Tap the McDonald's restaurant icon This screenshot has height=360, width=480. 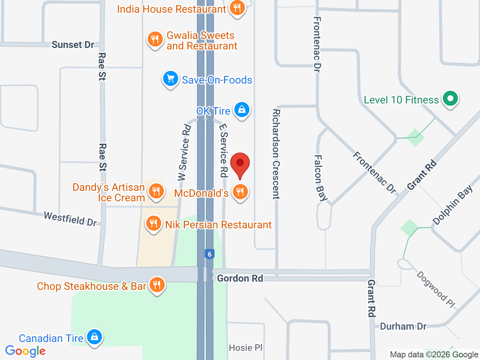pos(240,192)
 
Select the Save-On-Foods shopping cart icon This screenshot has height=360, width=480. pos(171,79)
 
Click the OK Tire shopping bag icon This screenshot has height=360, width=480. pos(242,110)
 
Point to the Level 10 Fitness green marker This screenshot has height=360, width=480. pos(450,99)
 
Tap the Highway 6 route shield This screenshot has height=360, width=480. pos(210,254)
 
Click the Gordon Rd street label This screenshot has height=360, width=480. pos(240,278)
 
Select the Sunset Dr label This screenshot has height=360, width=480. pos(73,45)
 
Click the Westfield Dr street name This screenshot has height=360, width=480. pos(70,219)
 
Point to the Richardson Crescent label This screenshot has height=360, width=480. pos(276,154)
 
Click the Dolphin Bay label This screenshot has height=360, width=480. pos(453,205)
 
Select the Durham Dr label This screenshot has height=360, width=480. pos(403,326)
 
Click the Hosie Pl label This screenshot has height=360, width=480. pos(246,348)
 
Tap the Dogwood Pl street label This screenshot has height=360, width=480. pos(436,289)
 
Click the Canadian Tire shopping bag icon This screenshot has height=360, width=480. pos(94,337)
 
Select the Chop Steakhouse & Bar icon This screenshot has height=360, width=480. pos(157,285)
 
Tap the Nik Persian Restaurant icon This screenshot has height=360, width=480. pos(153,224)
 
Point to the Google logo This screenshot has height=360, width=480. pos(25,351)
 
